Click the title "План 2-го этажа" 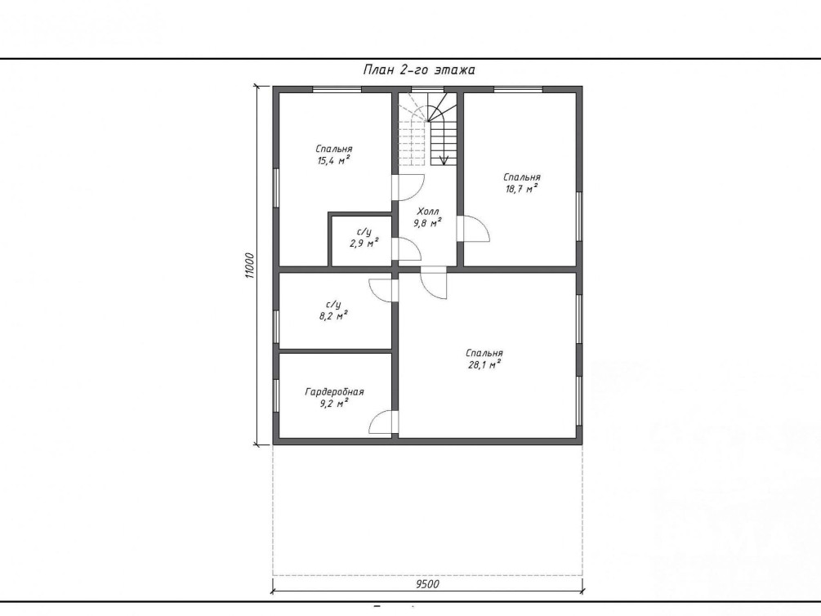click(419, 69)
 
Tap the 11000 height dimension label click(249, 266)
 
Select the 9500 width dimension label click(427, 584)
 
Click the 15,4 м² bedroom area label click(333, 161)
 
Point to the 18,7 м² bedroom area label click(521, 189)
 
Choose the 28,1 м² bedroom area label click(484, 365)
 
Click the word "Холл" click(428, 212)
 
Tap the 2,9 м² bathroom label click(364, 243)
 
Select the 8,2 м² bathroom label click(333, 316)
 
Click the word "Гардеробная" click(334, 392)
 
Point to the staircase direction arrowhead click(444, 160)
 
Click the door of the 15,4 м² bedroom click(408, 187)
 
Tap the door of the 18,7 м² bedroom click(473, 229)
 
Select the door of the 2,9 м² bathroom click(407, 249)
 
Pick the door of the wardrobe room click(384, 422)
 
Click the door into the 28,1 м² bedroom click(434, 283)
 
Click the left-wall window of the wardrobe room click(276, 395)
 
